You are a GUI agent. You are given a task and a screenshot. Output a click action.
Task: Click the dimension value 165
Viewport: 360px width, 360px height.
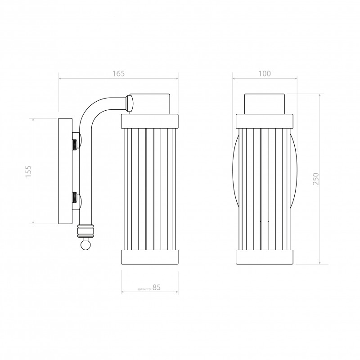point(118,73)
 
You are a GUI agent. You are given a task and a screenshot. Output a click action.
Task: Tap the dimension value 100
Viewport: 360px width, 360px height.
point(265,73)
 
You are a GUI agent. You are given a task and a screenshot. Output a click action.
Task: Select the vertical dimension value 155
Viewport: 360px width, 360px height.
point(28,171)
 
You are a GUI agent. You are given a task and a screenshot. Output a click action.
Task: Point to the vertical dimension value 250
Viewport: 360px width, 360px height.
point(316,179)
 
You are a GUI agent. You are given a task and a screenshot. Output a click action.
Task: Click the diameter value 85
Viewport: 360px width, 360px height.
point(157,288)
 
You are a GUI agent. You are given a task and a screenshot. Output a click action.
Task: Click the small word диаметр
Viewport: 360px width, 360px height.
point(144,289)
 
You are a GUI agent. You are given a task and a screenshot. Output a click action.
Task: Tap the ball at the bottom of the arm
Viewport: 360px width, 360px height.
point(86,245)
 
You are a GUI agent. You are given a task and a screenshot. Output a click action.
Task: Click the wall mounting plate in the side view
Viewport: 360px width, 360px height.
point(65,171)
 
